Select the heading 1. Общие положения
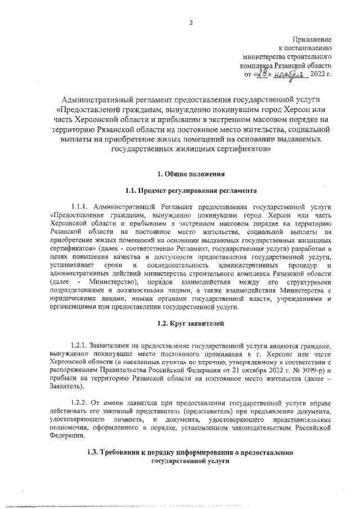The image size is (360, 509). tap(190, 174)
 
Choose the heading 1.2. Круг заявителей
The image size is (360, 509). tap(190, 325)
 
